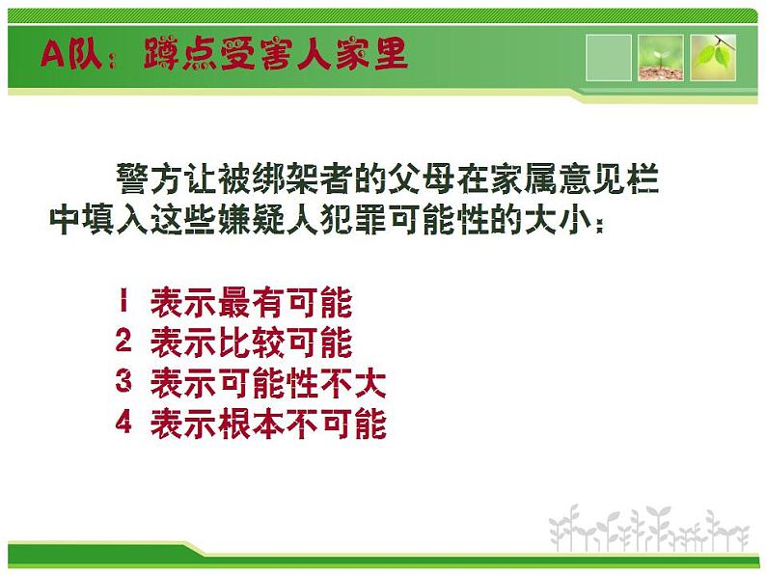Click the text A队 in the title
pos(66,54)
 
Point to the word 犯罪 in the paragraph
pos(354,221)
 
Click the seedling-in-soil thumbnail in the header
pos(660,58)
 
